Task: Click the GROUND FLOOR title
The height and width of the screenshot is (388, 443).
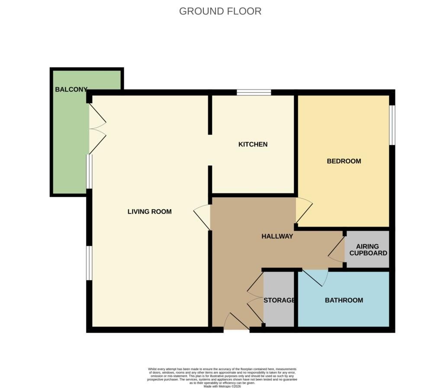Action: pos(220,11)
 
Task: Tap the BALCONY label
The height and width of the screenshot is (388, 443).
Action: pos(71,90)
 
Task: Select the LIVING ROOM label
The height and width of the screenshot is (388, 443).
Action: pos(149,212)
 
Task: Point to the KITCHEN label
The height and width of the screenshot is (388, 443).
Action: pos(253,144)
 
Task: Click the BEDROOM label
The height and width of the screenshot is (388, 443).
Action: pos(344,161)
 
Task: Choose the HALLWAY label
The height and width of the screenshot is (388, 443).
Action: pos(277,236)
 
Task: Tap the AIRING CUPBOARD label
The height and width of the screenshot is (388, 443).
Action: pos(368,250)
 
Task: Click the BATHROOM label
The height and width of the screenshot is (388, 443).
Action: pos(344,300)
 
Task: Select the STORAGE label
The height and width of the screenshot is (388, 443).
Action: pos(279,300)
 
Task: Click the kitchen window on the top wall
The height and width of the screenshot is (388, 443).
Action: pos(254,92)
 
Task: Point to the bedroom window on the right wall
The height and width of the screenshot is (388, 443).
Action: pos(392,125)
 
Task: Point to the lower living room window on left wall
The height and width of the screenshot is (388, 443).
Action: pos(89,263)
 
